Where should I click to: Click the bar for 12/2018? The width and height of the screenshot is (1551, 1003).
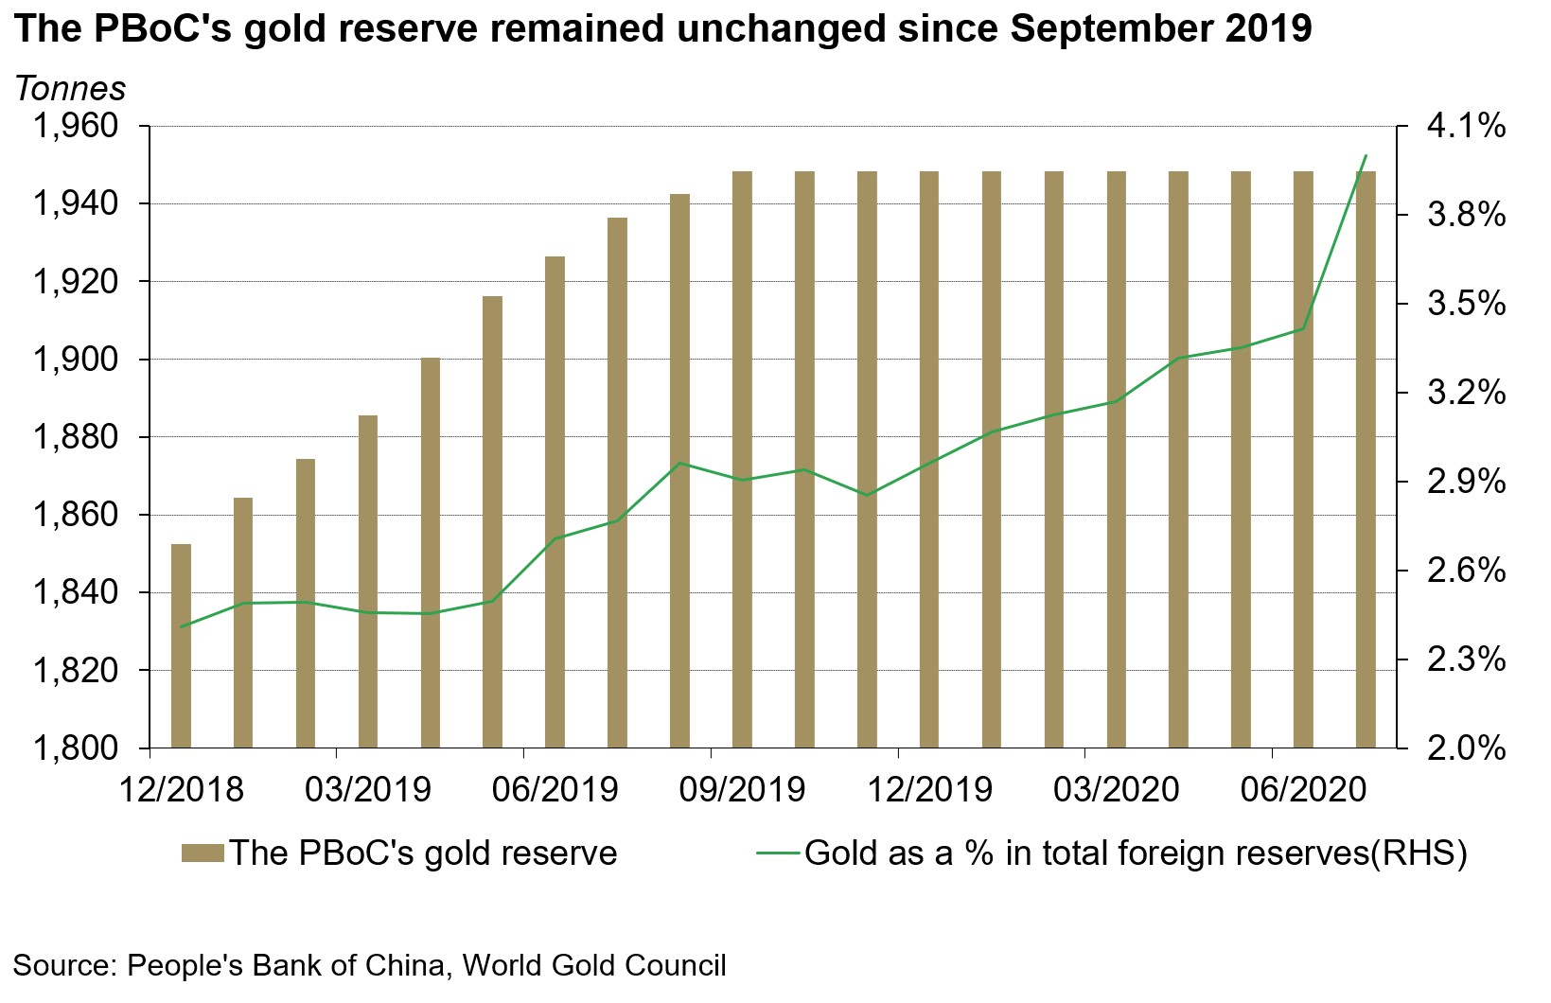pyautogui.click(x=181, y=646)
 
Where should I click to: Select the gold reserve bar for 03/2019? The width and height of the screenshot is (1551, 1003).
pyautogui.click(x=368, y=582)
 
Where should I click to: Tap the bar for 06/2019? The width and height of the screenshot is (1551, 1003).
pyautogui.click(x=555, y=502)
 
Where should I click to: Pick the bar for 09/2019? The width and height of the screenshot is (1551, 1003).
pyautogui.click(x=742, y=460)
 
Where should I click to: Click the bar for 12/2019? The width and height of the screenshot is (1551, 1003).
pyautogui.click(x=929, y=460)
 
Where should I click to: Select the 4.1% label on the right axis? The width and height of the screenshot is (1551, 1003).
pyautogui.click(x=1465, y=126)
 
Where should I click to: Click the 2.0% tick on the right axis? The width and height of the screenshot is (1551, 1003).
pyautogui.click(x=1465, y=748)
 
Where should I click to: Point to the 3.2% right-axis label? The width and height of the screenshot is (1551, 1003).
pyautogui.click(x=1465, y=393)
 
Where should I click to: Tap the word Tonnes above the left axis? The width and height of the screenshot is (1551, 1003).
pyautogui.click(x=70, y=89)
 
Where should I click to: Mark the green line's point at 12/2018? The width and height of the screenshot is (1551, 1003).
pyautogui.click(x=181, y=626)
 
